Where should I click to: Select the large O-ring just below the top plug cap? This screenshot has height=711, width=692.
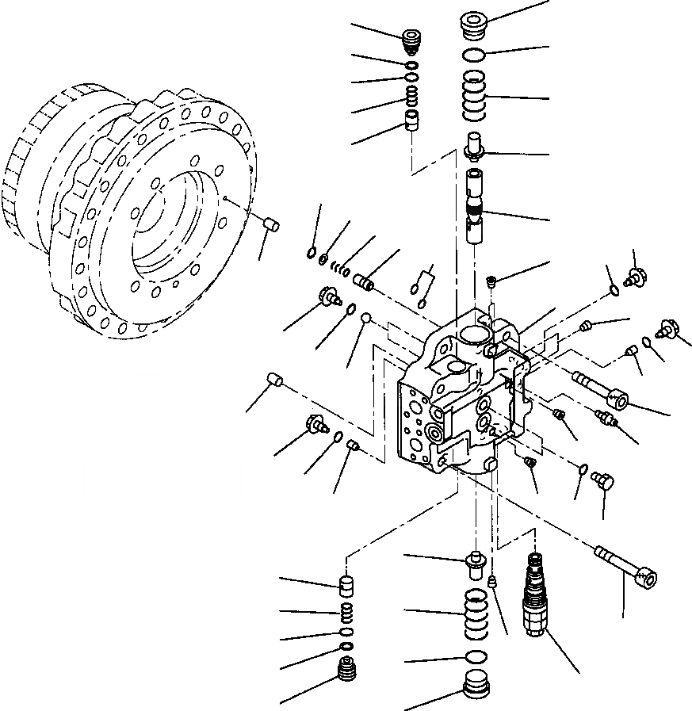pos(473,54)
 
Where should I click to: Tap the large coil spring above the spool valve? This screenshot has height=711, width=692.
pos(474,93)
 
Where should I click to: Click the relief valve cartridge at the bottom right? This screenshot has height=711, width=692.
pos(533,594)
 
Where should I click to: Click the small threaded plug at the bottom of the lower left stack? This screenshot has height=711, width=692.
pos(345,671)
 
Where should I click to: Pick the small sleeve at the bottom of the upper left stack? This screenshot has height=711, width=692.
pos(411,122)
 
